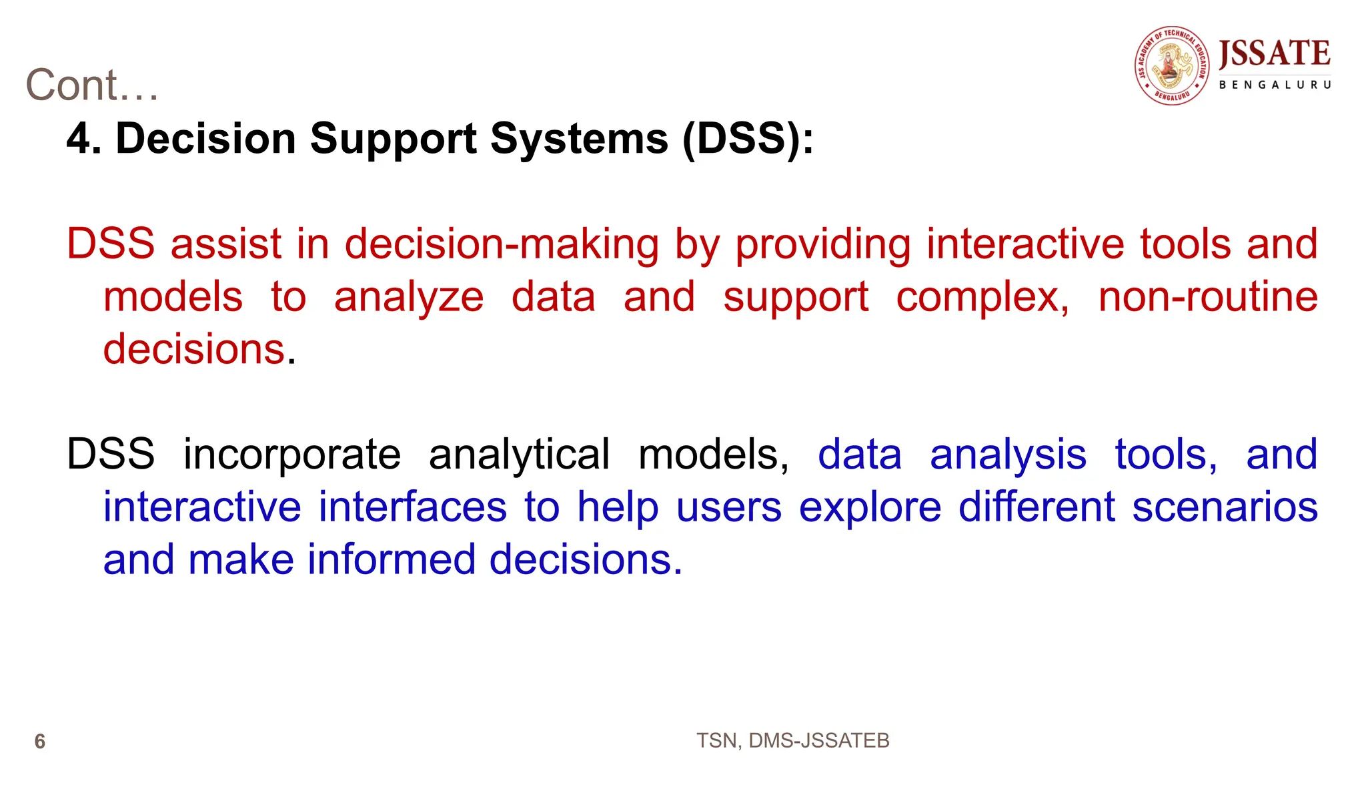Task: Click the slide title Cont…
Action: coord(92,85)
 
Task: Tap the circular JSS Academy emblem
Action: coord(1172,65)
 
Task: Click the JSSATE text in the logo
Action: coord(1274,53)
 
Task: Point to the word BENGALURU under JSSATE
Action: coord(1275,85)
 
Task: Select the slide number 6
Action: coord(40,742)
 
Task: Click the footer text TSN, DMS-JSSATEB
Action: coord(792,740)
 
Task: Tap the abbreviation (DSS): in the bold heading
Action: coord(748,139)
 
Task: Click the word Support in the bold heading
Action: coord(393,139)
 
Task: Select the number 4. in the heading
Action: coord(84,139)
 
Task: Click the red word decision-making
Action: coord(502,244)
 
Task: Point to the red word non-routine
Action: coord(1207,296)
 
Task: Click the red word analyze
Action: coord(408,298)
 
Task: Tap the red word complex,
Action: coord(982,298)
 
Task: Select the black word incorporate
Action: coord(291,455)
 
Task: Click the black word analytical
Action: coord(519,455)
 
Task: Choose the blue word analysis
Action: coord(1008,455)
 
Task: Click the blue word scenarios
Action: coord(1225,507)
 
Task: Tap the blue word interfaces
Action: coord(412,507)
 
